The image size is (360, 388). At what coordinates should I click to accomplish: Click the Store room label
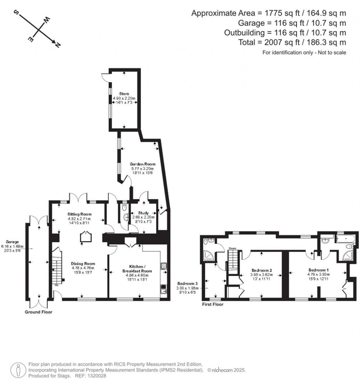pyautogui.click(x=124, y=94)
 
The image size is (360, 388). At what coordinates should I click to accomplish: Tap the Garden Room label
pyautogui.click(x=142, y=164)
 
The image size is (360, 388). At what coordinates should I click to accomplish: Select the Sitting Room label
pyautogui.click(x=79, y=214)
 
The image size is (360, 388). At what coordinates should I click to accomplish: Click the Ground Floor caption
pyautogui.click(x=39, y=312)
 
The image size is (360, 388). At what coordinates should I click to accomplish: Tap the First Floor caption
pyautogui.click(x=213, y=304)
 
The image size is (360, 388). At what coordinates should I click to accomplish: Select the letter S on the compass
pyautogui.click(x=16, y=12)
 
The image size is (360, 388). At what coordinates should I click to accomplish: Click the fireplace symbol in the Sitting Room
pyautogui.click(x=85, y=238)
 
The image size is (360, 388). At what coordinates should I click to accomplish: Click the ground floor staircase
pyautogui.click(x=57, y=267)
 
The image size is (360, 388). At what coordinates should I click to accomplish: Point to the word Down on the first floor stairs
pyautogui.click(x=232, y=248)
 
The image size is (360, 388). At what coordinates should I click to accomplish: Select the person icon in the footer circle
pyautogui.click(x=18, y=370)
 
